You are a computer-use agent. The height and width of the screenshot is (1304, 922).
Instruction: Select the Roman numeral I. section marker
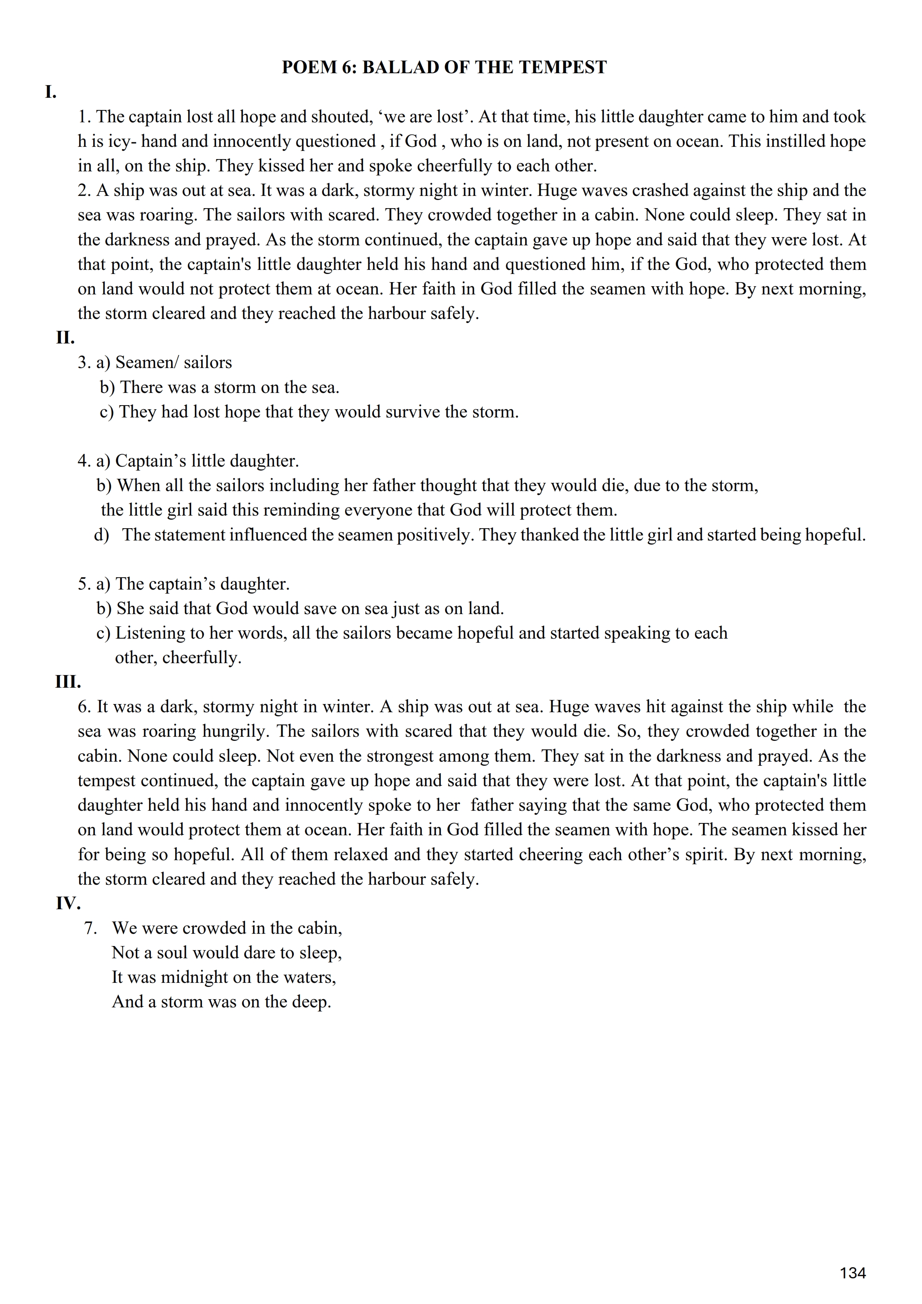[x=51, y=92]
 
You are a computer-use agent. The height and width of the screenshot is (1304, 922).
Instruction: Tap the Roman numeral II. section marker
[x=65, y=338]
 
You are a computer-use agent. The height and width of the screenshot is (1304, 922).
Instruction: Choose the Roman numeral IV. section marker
[x=68, y=903]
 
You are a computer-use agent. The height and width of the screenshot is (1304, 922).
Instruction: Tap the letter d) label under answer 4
[x=101, y=535]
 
